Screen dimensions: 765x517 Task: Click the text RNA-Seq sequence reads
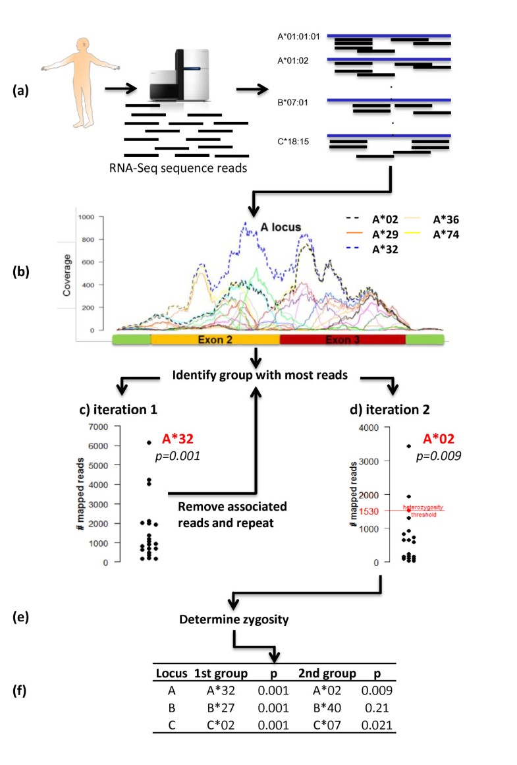186,165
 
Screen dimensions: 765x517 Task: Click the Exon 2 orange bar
215,339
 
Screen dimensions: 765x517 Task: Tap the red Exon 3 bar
342,339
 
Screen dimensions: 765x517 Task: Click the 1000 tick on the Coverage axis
86,217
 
